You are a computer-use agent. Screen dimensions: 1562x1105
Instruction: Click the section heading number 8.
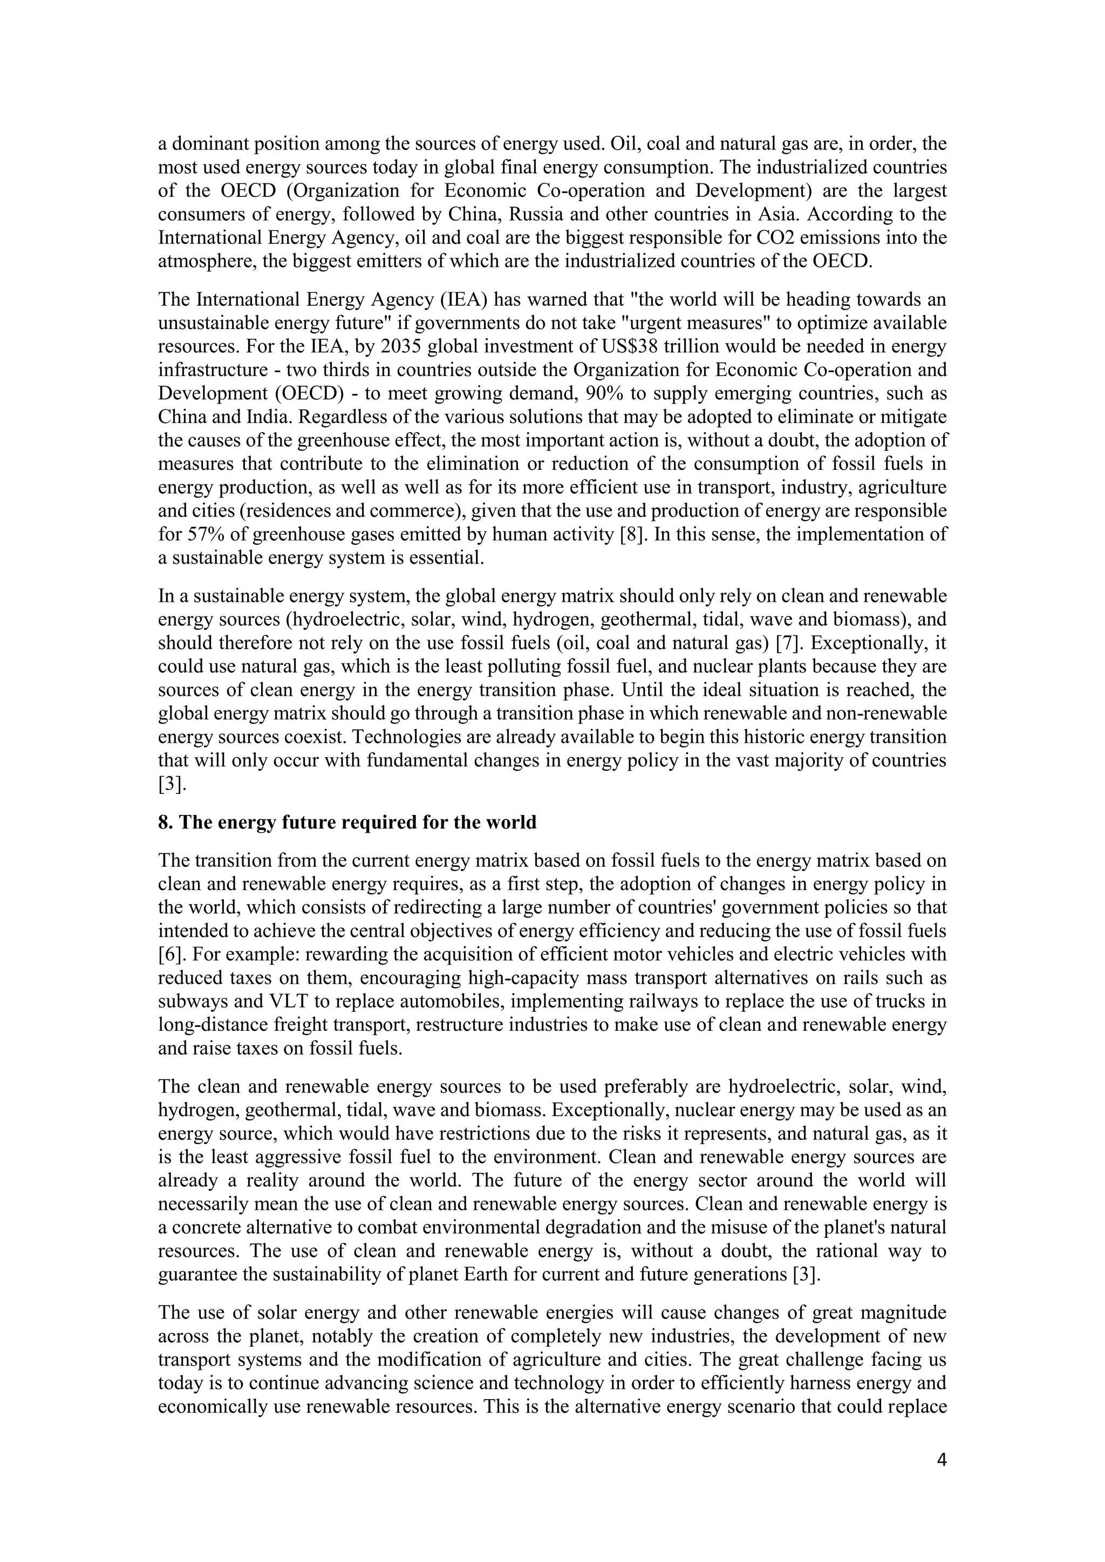coord(164,823)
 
